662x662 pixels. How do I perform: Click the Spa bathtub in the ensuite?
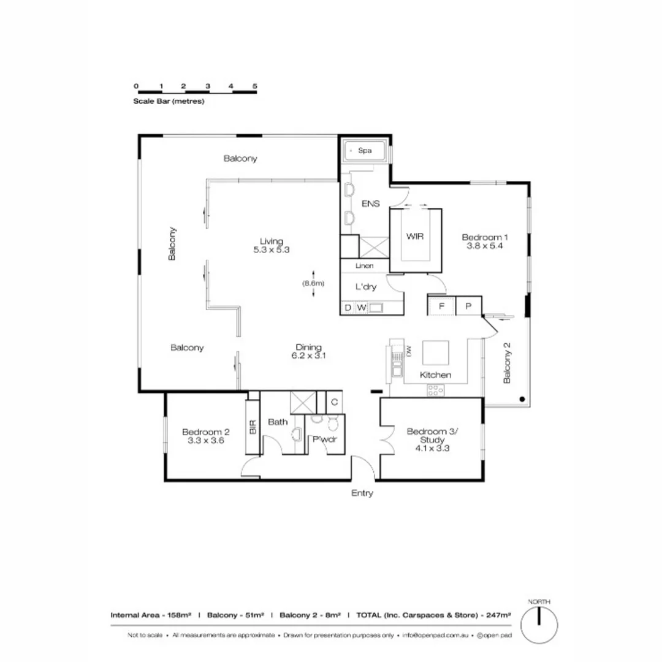(365, 150)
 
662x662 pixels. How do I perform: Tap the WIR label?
(415, 236)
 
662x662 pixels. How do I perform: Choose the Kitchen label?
(436, 375)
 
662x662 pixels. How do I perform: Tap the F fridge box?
(441, 305)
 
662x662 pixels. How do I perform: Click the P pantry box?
(468, 305)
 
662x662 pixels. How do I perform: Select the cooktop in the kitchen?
(436, 388)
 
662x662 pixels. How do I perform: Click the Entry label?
(362, 493)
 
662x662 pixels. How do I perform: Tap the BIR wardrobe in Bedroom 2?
(253, 427)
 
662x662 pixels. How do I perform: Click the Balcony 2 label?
(507, 362)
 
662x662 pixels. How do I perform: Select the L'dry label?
(366, 286)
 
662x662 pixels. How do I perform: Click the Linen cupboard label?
(365, 266)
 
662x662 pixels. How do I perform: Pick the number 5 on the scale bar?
(254, 86)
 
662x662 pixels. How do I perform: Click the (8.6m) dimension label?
(313, 283)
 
